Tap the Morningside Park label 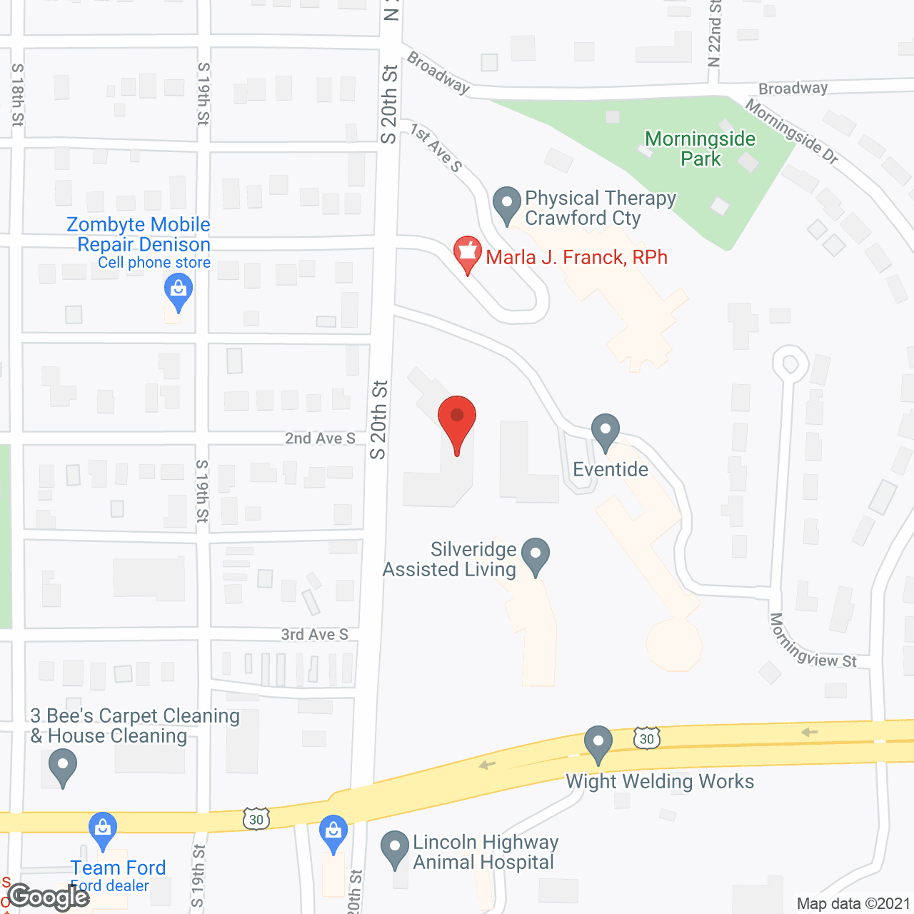[700, 149]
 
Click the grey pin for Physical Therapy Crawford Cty [507, 205]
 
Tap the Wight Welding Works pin [598, 744]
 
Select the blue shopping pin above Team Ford [103, 830]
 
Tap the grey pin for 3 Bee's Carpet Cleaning [63, 768]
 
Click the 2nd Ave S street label [320, 438]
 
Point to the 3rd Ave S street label [314, 634]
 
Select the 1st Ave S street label [436, 149]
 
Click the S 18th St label [17, 94]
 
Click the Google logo [49, 896]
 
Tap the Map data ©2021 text [853, 903]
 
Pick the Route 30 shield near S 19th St [256, 819]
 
